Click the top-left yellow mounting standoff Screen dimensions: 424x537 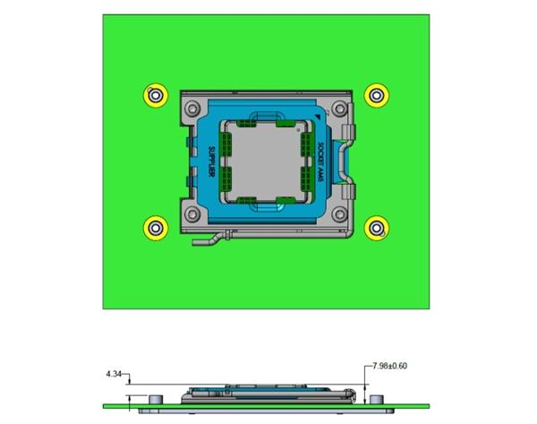[x=156, y=94]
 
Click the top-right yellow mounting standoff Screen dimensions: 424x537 [x=378, y=94]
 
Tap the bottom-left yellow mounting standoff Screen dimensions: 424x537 [x=156, y=227]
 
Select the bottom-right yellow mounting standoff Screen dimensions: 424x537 [x=378, y=227]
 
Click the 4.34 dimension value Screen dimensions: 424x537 [x=115, y=372]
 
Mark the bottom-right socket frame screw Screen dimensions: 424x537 [x=341, y=214]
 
